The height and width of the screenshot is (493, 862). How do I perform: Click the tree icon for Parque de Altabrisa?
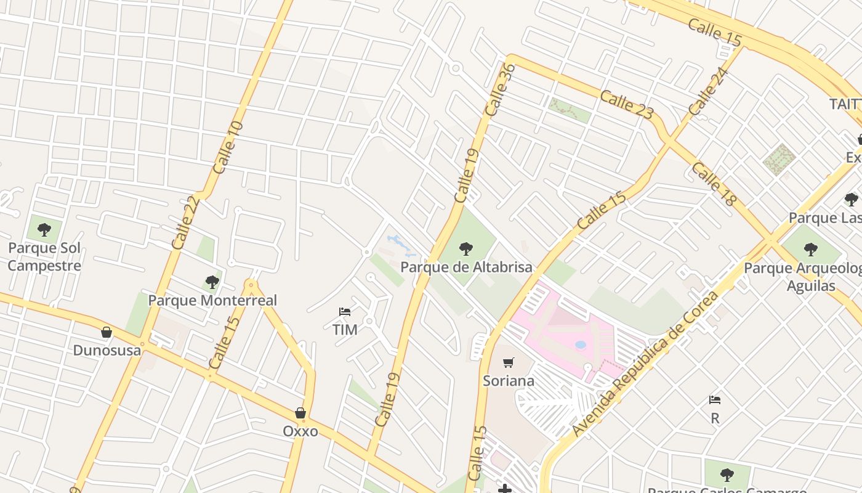[x=466, y=249]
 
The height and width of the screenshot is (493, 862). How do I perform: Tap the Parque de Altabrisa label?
[x=466, y=267]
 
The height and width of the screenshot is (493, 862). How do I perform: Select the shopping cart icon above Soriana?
[x=508, y=362]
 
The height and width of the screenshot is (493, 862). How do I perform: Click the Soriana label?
[x=508, y=381]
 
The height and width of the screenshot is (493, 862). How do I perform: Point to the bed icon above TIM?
[x=345, y=312]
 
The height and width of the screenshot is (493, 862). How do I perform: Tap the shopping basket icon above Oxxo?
[x=300, y=413]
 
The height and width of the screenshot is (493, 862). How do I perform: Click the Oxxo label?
[x=300, y=431]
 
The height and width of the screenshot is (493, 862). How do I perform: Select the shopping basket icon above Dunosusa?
[x=107, y=333]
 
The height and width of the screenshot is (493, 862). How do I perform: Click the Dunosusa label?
[x=107, y=351]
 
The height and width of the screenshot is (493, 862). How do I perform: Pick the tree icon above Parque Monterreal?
[x=212, y=282]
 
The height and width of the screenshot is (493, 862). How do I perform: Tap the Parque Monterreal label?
[x=212, y=301]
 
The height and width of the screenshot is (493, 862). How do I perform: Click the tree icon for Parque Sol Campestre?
[x=44, y=230]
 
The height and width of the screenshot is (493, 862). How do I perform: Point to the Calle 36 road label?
[x=499, y=90]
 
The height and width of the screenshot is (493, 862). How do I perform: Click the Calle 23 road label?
[x=626, y=105]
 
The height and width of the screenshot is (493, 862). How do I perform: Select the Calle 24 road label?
[x=708, y=92]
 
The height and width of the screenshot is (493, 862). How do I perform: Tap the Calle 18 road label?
[x=713, y=184]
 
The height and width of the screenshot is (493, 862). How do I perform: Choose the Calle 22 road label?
[x=186, y=222]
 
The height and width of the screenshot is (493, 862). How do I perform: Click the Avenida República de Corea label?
[x=645, y=364]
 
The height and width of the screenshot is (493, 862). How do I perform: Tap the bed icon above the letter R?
[x=715, y=400]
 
